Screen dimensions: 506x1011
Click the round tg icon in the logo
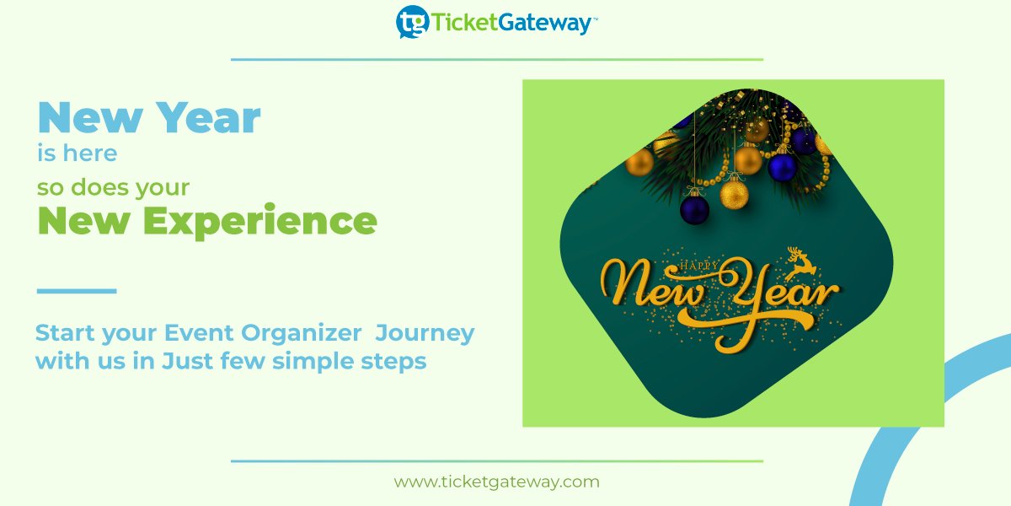(412, 22)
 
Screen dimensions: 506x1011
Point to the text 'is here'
(77, 153)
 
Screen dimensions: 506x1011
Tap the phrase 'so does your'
(113, 186)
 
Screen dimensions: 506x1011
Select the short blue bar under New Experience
(77, 291)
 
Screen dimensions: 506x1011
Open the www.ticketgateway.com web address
(496, 482)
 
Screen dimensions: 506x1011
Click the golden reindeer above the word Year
(802, 262)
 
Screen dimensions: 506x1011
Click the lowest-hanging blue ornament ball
(694, 207)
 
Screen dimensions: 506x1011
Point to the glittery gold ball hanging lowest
(734, 193)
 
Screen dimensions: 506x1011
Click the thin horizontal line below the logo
(496, 60)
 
